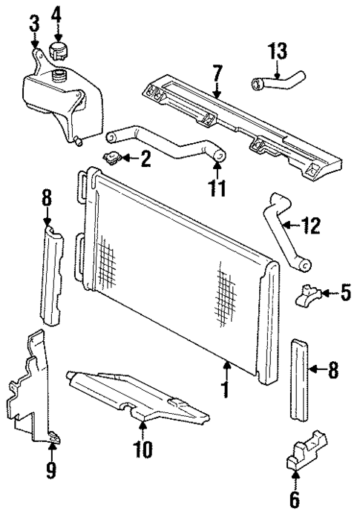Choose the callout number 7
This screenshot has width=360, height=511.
point(216,73)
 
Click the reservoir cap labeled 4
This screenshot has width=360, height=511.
point(57,52)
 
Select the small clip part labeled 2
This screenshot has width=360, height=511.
point(113,156)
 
